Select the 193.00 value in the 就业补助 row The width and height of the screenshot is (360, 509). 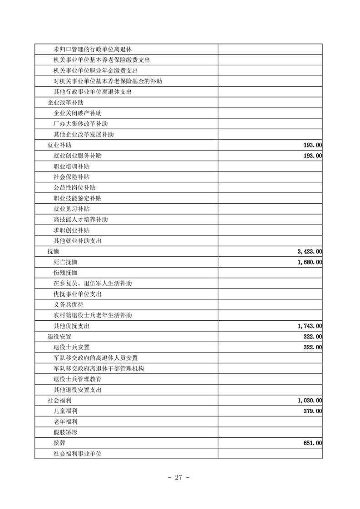pyautogui.click(x=312, y=145)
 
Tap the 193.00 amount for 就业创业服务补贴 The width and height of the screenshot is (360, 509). pyautogui.click(x=312, y=156)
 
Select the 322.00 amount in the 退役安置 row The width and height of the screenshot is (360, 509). pyautogui.click(x=312, y=337)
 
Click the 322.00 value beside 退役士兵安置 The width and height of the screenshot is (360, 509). pyautogui.click(x=312, y=347)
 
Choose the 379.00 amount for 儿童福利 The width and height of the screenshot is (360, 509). pyautogui.click(x=312, y=411)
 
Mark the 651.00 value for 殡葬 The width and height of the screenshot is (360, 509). pyautogui.click(x=312, y=443)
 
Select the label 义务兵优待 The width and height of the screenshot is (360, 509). pyautogui.click(x=69, y=305)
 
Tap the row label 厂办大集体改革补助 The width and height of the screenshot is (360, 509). pyautogui.click(x=80, y=124)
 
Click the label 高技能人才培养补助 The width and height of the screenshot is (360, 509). pyautogui.click(x=80, y=220)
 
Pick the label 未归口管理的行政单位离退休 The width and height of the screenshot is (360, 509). pyautogui.click(x=93, y=49)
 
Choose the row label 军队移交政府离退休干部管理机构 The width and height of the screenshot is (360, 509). pyautogui.click(x=99, y=368)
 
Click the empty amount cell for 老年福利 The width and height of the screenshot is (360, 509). pyautogui.click(x=270, y=422)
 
